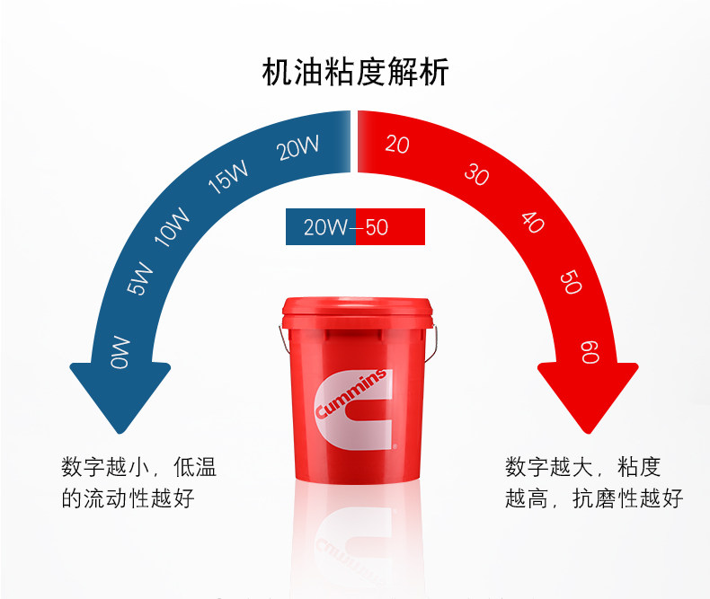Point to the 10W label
(x=173, y=225)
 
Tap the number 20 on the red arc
(x=396, y=144)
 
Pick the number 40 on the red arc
(x=533, y=222)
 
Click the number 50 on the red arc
(x=571, y=282)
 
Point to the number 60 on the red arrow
(x=590, y=351)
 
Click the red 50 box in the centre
(x=390, y=227)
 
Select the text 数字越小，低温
(x=139, y=468)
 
